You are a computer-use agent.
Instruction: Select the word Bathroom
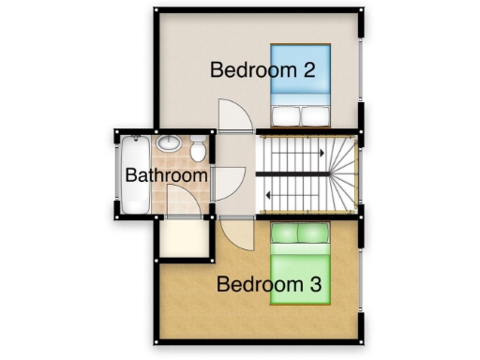166,175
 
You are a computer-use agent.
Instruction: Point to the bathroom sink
169,143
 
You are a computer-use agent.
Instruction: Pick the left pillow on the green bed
285,231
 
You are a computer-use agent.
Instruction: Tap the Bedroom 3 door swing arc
234,232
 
